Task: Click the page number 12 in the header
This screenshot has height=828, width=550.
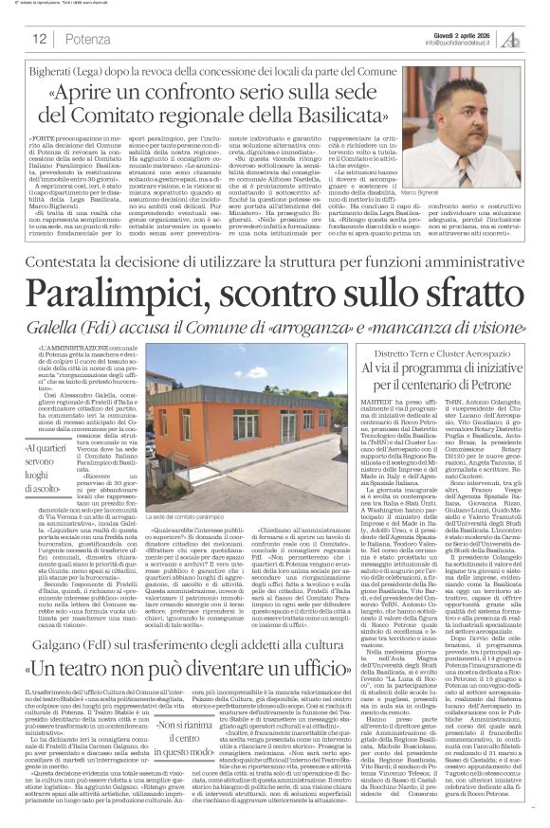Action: (x=40, y=40)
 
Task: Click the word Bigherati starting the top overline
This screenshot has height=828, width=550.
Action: (x=60, y=67)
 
